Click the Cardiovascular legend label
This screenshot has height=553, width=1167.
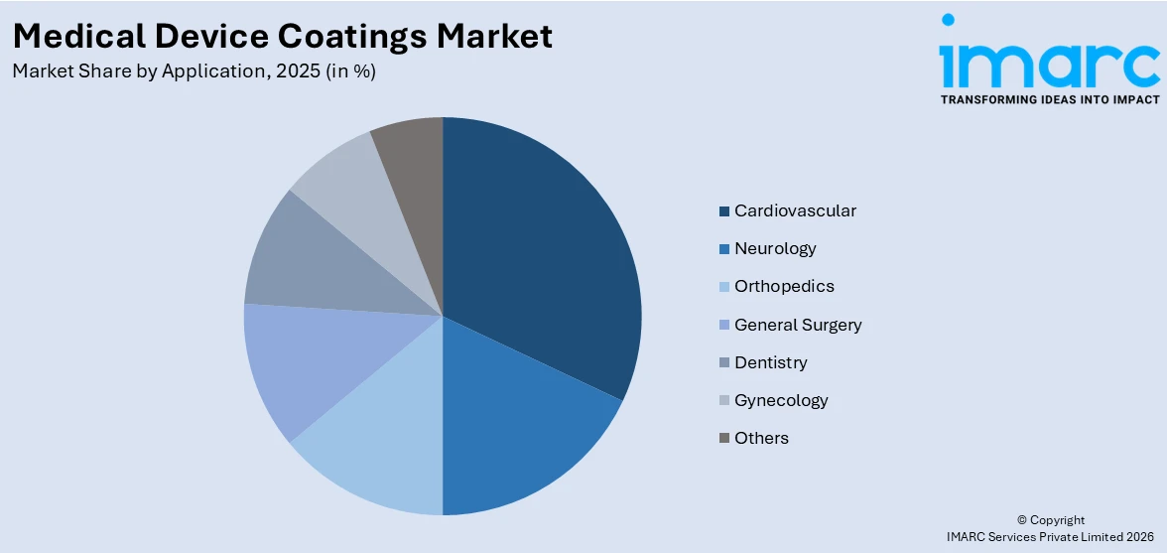pos(795,210)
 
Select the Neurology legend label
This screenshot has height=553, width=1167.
pos(775,248)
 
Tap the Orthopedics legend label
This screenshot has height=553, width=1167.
pos(784,286)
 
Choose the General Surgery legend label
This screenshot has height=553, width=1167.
pos(798,325)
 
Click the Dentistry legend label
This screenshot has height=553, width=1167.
pos(771,362)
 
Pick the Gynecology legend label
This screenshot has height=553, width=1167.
pos(781,400)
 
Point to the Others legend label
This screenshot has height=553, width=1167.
pos(761,438)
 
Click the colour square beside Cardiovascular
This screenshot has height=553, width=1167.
pos(725,210)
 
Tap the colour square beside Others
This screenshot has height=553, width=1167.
pos(725,438)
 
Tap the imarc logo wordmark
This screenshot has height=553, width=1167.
pos(1049,60)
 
